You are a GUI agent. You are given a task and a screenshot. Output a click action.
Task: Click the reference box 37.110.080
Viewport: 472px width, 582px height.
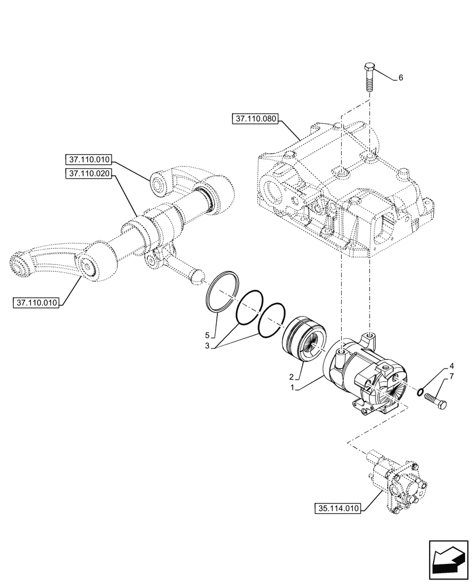click(x=256, y=119)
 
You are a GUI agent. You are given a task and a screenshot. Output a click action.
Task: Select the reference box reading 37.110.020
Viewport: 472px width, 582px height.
click(x=89, y=173)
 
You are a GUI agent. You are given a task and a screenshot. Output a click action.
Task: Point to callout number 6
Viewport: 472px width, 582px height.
click(x=401, y=77)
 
